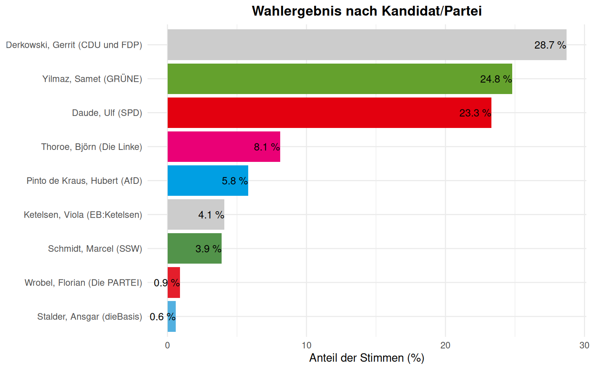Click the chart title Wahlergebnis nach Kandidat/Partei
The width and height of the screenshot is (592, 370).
(367, 11)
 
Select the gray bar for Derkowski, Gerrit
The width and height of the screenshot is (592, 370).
(347, 45)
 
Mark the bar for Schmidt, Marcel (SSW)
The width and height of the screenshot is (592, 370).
(181, 248)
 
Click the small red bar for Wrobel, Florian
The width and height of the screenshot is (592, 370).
(174, 282)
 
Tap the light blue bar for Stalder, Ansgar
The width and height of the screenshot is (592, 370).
(172, 316)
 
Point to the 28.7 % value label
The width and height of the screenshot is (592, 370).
(550, 45)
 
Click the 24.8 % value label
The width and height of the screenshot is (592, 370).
(496, 79)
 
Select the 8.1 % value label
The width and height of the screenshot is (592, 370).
(267, 147)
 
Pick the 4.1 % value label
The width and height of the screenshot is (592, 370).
(211, 215)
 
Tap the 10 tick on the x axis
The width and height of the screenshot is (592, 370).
(306, 345)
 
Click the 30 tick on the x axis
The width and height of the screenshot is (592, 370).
(584, 345)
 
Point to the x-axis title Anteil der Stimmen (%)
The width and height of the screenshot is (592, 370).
(367, 358)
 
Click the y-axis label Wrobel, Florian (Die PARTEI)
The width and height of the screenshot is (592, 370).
(83, 283)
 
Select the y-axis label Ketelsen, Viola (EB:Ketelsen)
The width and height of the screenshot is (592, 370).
(83, 215)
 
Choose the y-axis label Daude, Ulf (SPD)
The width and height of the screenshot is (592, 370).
(107, 113)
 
